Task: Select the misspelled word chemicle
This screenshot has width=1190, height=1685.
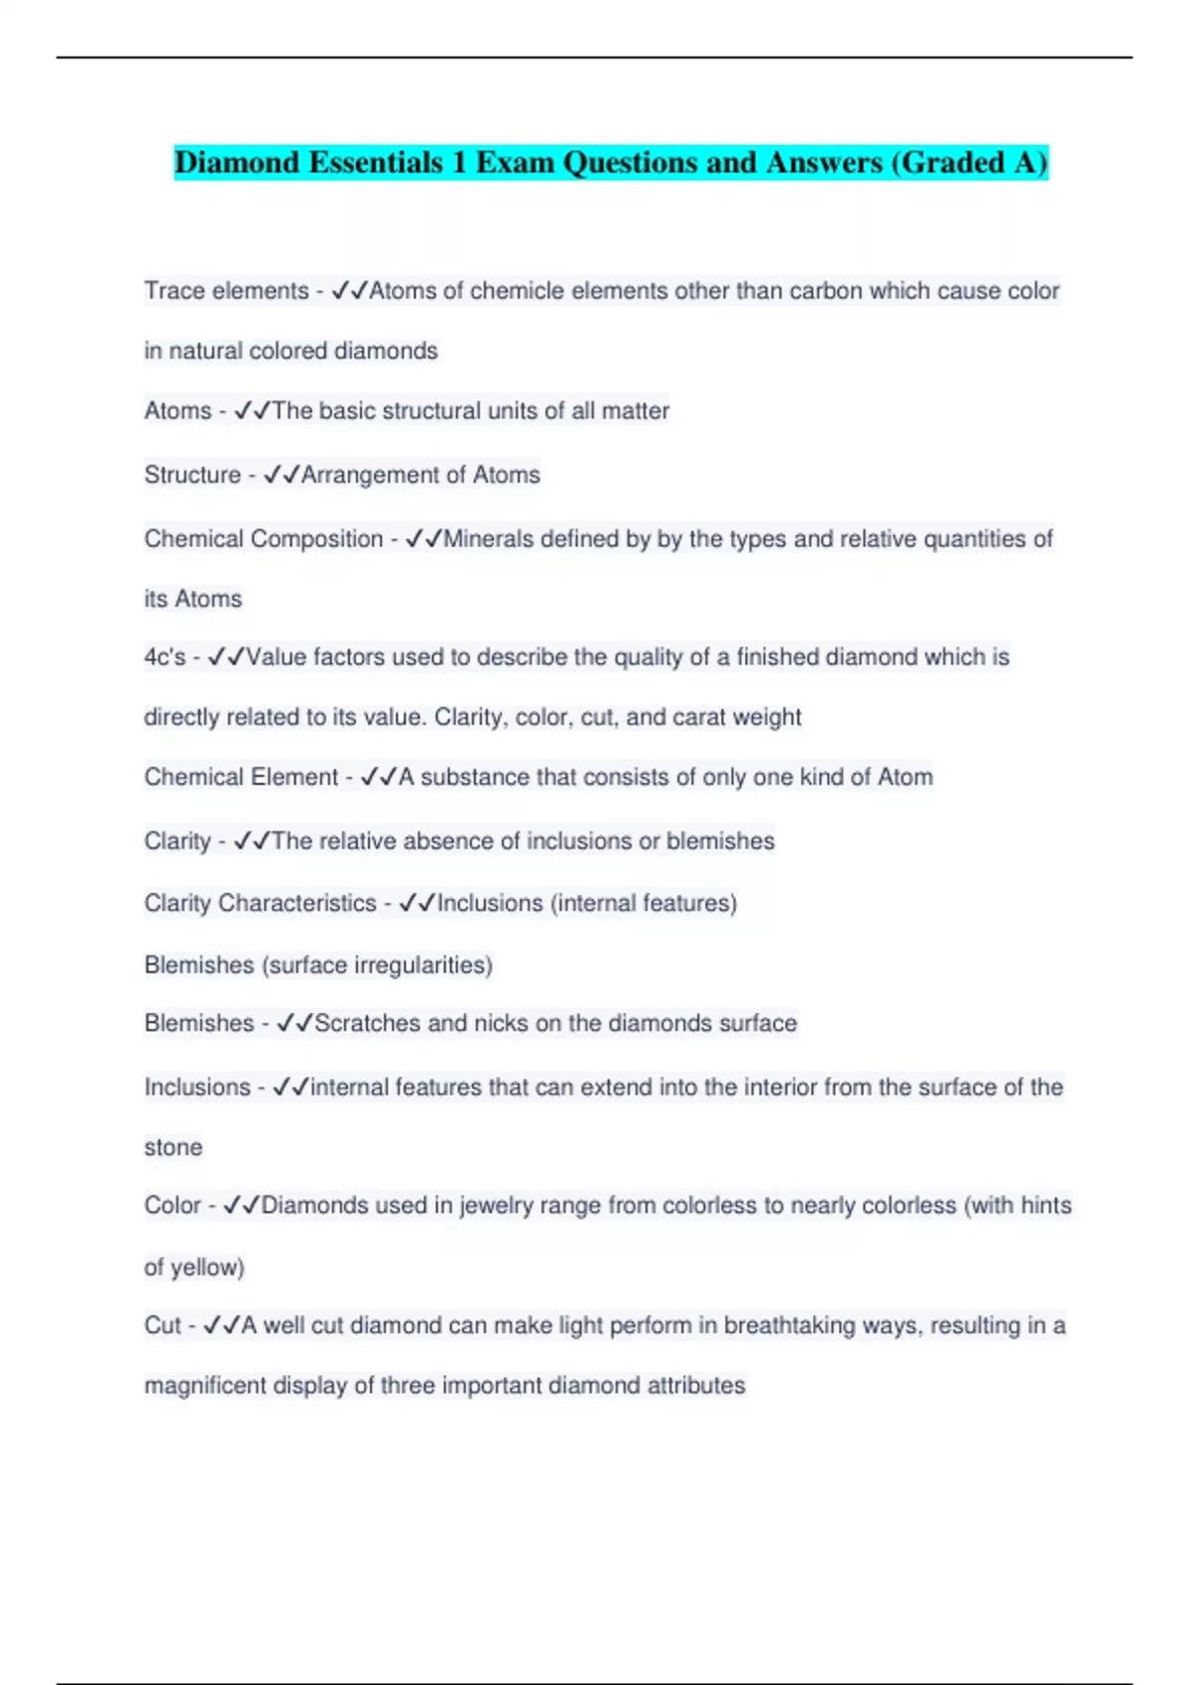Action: [520, 291]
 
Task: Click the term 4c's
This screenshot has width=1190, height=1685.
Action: [165, 657]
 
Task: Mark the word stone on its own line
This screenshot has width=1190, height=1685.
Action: [174, 1148]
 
